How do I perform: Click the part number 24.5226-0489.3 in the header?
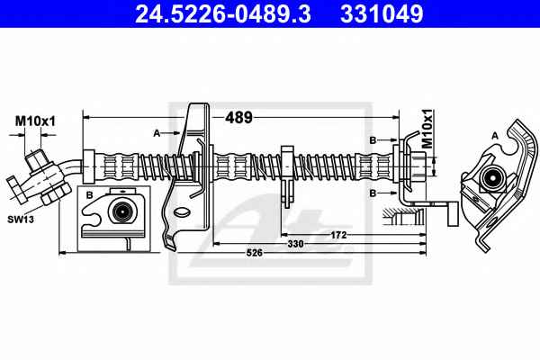[223, 13]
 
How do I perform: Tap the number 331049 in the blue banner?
[382, 13]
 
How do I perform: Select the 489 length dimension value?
[238, 118]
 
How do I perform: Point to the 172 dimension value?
[338, 235]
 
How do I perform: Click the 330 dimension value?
[295, 244]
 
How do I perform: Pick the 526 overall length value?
[255, 253]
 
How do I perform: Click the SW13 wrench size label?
[21, 219]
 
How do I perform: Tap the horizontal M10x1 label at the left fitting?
[35, 121]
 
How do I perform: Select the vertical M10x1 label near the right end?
[427, 129]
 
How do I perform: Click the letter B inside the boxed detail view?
[89, 195]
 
